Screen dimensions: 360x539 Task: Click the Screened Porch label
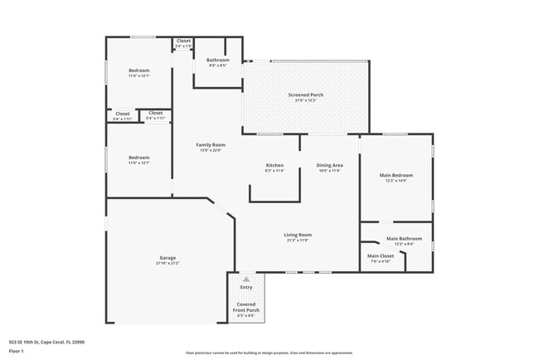[306, 95]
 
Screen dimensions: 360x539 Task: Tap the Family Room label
[211, 145]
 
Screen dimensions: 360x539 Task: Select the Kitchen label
[274, 165]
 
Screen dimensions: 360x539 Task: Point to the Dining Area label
[329, 165]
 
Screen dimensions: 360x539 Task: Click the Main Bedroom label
[396, 175]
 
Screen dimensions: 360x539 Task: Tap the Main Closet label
[381, 256]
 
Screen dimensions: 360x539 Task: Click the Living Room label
[298, 235]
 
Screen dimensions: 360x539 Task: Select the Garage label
[167, 258]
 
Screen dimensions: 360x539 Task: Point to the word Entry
[246, 288]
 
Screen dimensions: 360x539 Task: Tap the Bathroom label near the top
[218, 60]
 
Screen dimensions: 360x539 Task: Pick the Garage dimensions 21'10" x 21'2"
[167, 263]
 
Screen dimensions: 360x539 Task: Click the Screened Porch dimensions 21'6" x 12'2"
[306, 100]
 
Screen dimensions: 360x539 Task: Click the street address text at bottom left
[46, 342]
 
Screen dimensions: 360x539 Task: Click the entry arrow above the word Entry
[246, 277]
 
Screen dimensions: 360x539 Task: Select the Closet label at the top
[183, 40]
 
